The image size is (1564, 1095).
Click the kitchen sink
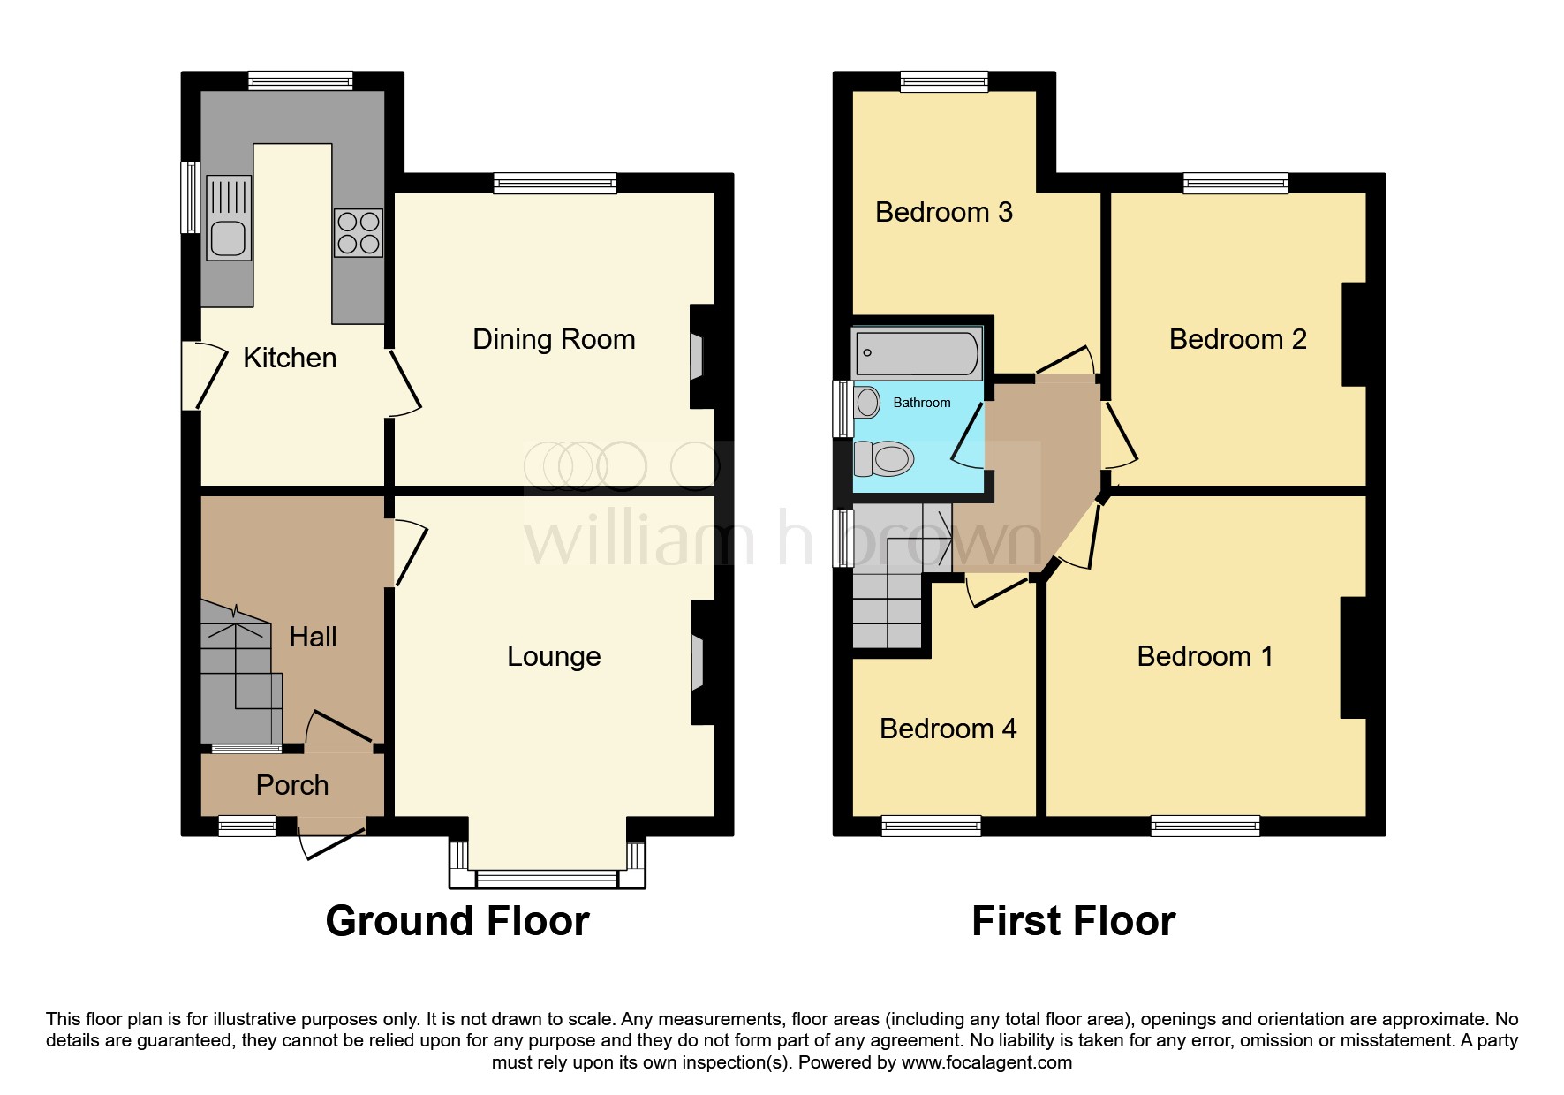(229, 218)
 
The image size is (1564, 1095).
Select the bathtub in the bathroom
(918, 352)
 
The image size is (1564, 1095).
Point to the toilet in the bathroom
(883, 459)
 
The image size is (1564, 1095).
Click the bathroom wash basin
(867, 403)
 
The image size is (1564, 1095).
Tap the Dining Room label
(554, 339)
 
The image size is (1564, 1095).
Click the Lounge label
(554, 656)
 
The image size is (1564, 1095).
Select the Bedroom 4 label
(948, 729)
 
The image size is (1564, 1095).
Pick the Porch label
(292, 785)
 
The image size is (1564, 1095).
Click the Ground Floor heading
(457, 921)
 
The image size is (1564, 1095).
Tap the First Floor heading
(1073, 921)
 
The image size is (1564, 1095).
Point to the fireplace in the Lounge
(698, 662)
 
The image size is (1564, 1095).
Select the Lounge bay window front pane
(547, 879)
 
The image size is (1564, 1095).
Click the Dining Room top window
(555, 184)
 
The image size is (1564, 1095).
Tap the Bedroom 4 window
(931, 827)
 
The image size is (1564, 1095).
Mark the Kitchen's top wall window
(300, 81)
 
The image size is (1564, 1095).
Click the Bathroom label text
(922, 403)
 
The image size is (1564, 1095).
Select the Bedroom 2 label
(1237, 339)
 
